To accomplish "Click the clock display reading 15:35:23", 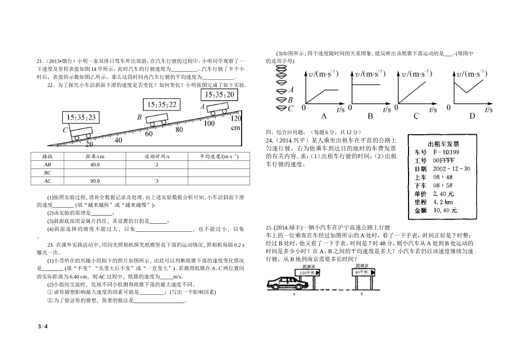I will tap(81, 117).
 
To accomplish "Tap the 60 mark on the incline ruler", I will tap(149, 134).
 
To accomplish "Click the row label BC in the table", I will tap(47, 173).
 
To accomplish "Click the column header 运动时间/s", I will tap(157, 156).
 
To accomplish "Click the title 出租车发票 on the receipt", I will tap(443, 143).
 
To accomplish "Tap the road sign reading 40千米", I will tap(361, 273).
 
